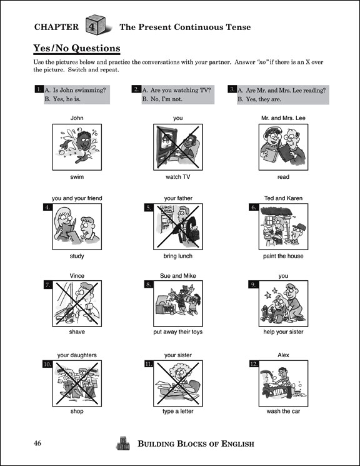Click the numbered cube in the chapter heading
(x=96, y=25)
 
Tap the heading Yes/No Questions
(x=77, y=48)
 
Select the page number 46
(x=37, y=443)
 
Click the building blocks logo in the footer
(x=123, y=443)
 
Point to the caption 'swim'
(x=77, y=177)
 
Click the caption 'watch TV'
(x=177, y=177)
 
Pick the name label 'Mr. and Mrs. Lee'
(x=283, y=118)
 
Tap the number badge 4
(x=47, y=208)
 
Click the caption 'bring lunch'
(x=177, y=256)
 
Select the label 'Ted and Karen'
(x=283, y=198)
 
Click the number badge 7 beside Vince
(x=47, y=285)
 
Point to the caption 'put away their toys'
(x=177, y=332)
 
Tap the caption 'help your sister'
(x=283, y=332)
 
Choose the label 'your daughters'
(x=77, y=355)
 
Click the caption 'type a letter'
(x=177, y=412)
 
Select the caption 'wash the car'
(x=283, y=412)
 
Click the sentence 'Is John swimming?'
(x=79, y=90)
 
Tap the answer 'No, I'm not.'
(x=166, y=99)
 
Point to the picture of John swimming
(x=77, y=147)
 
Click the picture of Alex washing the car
(x=283, y=383)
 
